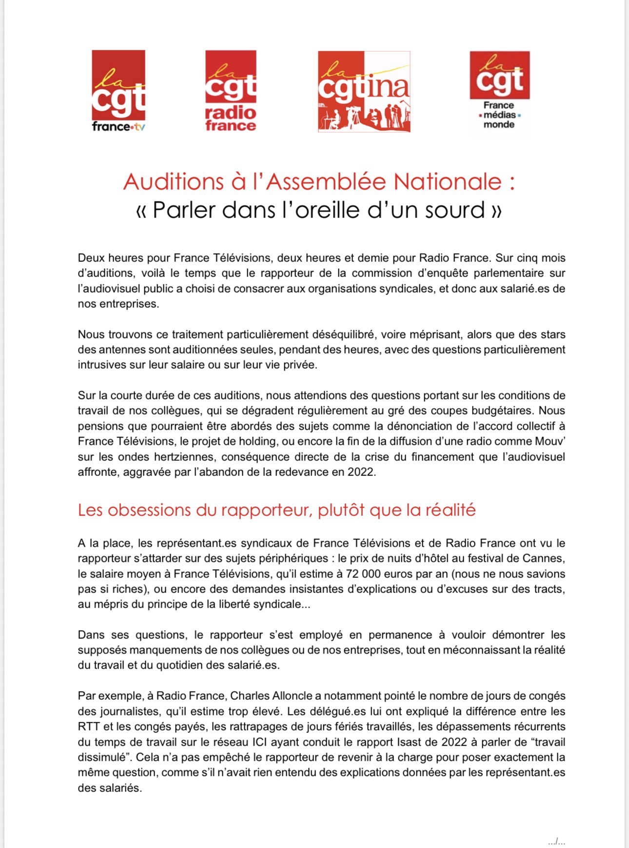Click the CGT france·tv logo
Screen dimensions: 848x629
pos(118,91)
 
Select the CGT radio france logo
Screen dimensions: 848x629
pos(231,91)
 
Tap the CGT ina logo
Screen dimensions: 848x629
pos(364,92)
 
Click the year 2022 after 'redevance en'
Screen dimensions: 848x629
pos(361,473)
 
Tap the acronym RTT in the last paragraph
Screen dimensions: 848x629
pos(89,727)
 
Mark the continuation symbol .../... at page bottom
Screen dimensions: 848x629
pos(556,842)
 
